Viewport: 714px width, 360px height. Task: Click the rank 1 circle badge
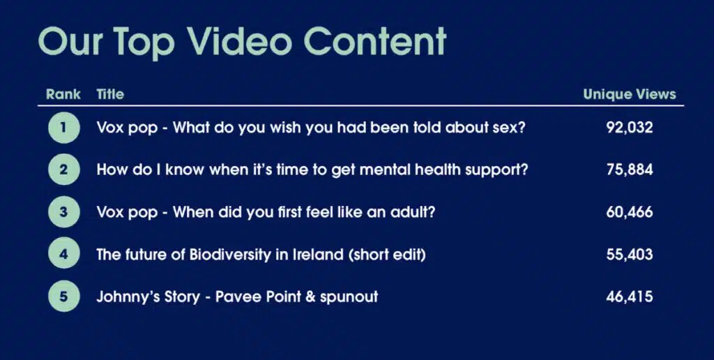[x=63, y=128]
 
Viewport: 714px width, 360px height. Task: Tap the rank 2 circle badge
[x=63, y=170]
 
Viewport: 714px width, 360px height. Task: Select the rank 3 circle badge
[x=63, y=212]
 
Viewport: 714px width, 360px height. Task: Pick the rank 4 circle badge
[x=63, y=254]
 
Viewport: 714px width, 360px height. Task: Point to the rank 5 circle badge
[x=63, y=297]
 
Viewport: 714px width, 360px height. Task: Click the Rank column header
[x=63, y=94]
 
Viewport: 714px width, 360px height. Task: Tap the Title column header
[x=110, y=94]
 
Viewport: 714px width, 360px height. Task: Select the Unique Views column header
[x=630, y=94]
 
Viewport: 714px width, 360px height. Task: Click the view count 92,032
[x=630, y=128]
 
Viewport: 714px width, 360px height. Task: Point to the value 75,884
[x=630, y=170]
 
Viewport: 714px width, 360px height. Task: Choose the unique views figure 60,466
[x=630, y=212]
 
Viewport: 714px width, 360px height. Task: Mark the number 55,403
[x=630, y=254]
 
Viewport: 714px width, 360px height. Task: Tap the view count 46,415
[x=630, y=297]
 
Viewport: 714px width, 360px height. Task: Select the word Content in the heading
[x=375, y=41]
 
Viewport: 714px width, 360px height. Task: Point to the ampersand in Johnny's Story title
[x=311, y=297]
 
